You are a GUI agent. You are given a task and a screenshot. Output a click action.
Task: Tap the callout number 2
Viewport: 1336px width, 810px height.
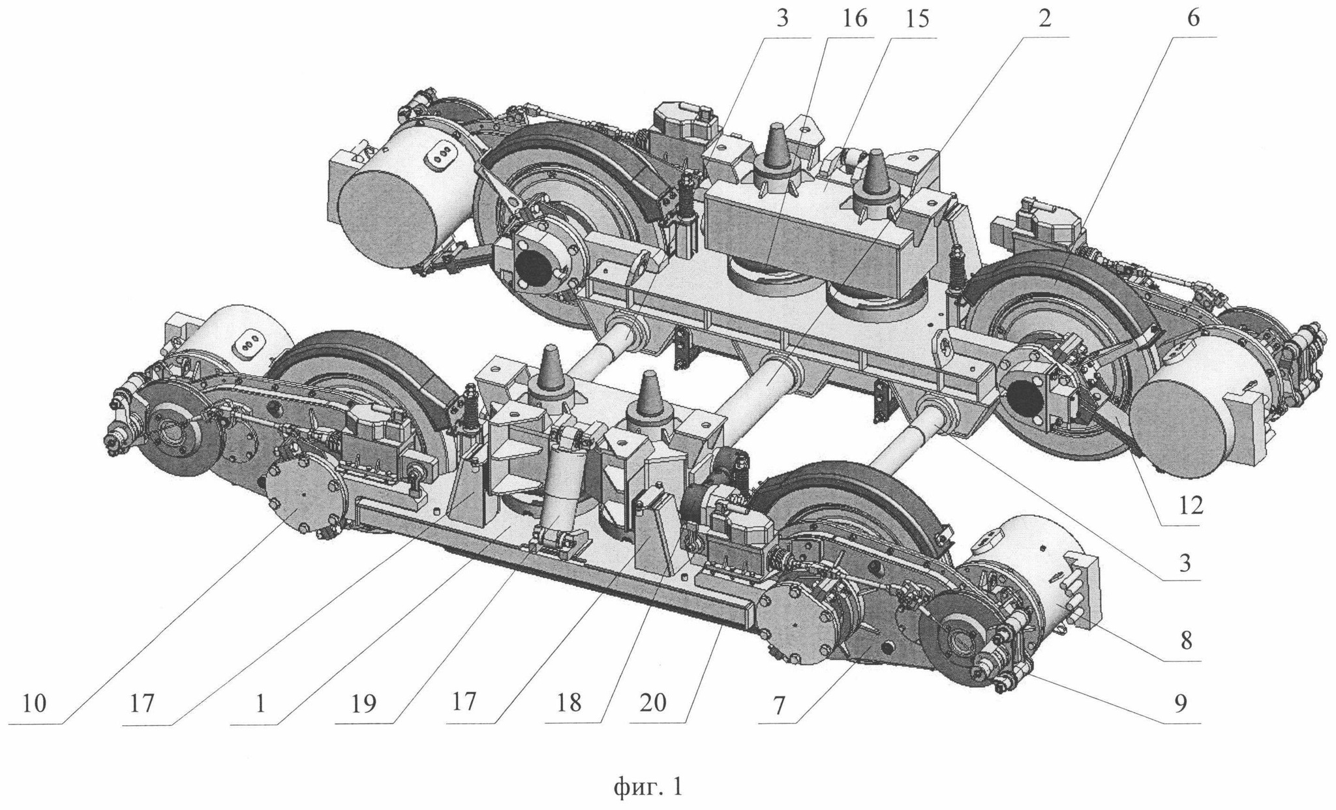pyautogui.click(x=1045, y=20)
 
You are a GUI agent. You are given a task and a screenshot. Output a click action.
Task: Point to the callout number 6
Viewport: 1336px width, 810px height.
pyautogui.click(x=1193, y=20)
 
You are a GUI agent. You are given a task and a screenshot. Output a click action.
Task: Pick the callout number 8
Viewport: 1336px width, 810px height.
pyautogui.click(x=1185, y=641)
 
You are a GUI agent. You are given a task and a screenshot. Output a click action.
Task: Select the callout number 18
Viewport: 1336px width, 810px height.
pyautogui.click(x=569, y=703)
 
